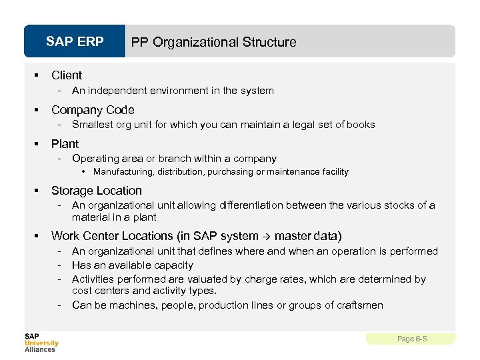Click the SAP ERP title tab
coord(75,42)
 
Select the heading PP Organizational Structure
coord(213,42)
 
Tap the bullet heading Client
coord(67,75)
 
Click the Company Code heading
coord(93,110)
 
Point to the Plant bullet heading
coord(65,144)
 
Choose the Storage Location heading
coord(97,191)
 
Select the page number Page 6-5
coord(411,339)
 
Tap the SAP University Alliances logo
coord(41,342)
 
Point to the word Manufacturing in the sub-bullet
coord(121,172)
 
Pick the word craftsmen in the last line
coord(361,305)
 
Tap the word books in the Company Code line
coord(361,125)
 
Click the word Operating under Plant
coord(94,159)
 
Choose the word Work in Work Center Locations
coord(65,236)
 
